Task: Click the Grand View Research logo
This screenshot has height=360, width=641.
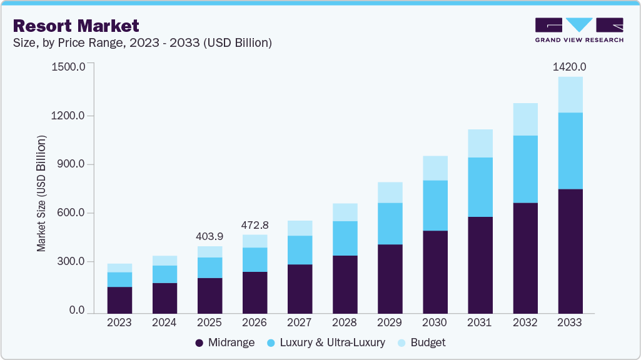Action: pyautogui.click(x=579, y=30)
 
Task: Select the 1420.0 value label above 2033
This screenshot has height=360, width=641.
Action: pyautogui.click(x=570, y=67)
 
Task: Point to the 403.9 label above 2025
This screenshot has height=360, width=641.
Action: pyautogui.click(x=209, y=237)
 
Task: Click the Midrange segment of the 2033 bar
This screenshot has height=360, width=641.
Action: pyautogui.click(x=570, y=250)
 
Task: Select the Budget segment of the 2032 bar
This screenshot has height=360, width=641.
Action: pyautogui.click(x=525, y=119)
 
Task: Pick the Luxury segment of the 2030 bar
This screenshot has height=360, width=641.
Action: pyautogui.click(x=435, y=206)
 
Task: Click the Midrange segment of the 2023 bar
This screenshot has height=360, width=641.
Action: pyautogui.click(x=119, y=300)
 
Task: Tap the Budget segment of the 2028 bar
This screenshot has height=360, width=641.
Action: pyautogui.click(x=345, y=212)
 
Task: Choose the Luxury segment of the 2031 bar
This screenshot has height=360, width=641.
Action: pyautogui.click(x=480, y=187)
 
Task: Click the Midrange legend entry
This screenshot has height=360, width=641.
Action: pyautogui.click(x=225, y=342)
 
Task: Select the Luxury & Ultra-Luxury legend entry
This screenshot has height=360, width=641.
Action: pyautogui.click(x=325, y=342)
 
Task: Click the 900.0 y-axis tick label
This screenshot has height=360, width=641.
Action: pyautogui.click(x=69, y=164)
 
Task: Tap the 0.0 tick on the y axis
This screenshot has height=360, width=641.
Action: pyautogui.click(x=76, y=311)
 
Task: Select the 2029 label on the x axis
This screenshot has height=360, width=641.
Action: pyautogui.click(x=390, y=322)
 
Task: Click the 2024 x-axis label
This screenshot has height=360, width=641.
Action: pyautogui.click(x=164, y=322)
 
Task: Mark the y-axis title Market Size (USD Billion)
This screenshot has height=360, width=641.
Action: pyautogui.click(x=42, y=192)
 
